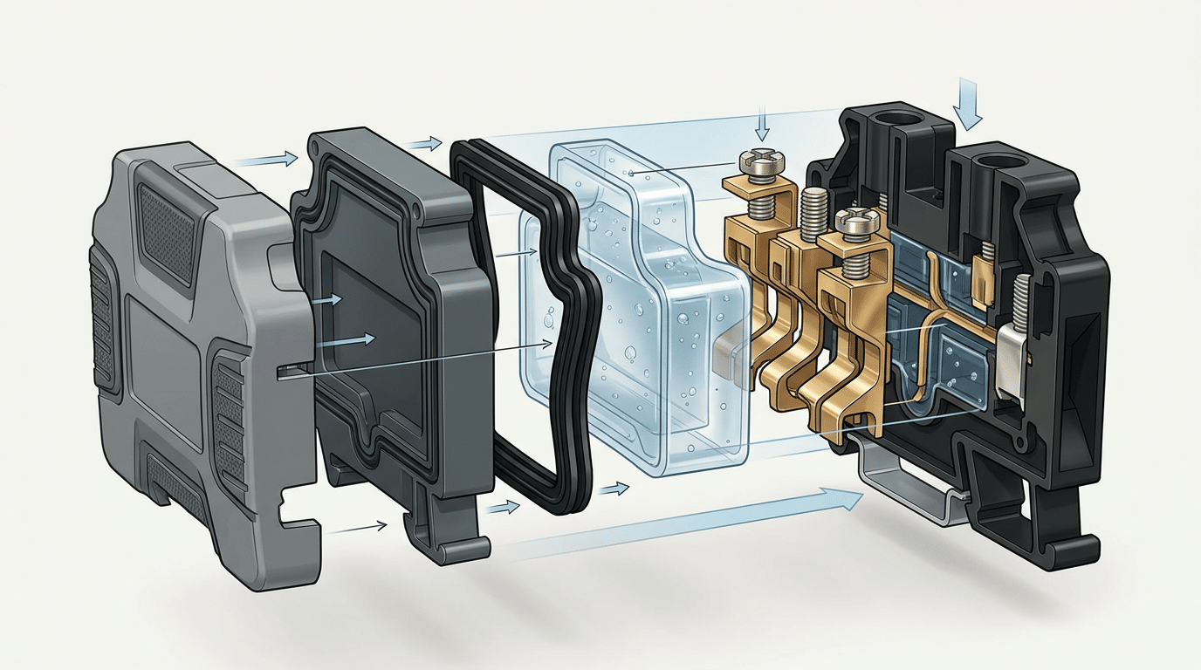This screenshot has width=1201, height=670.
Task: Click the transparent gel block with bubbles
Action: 637,314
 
